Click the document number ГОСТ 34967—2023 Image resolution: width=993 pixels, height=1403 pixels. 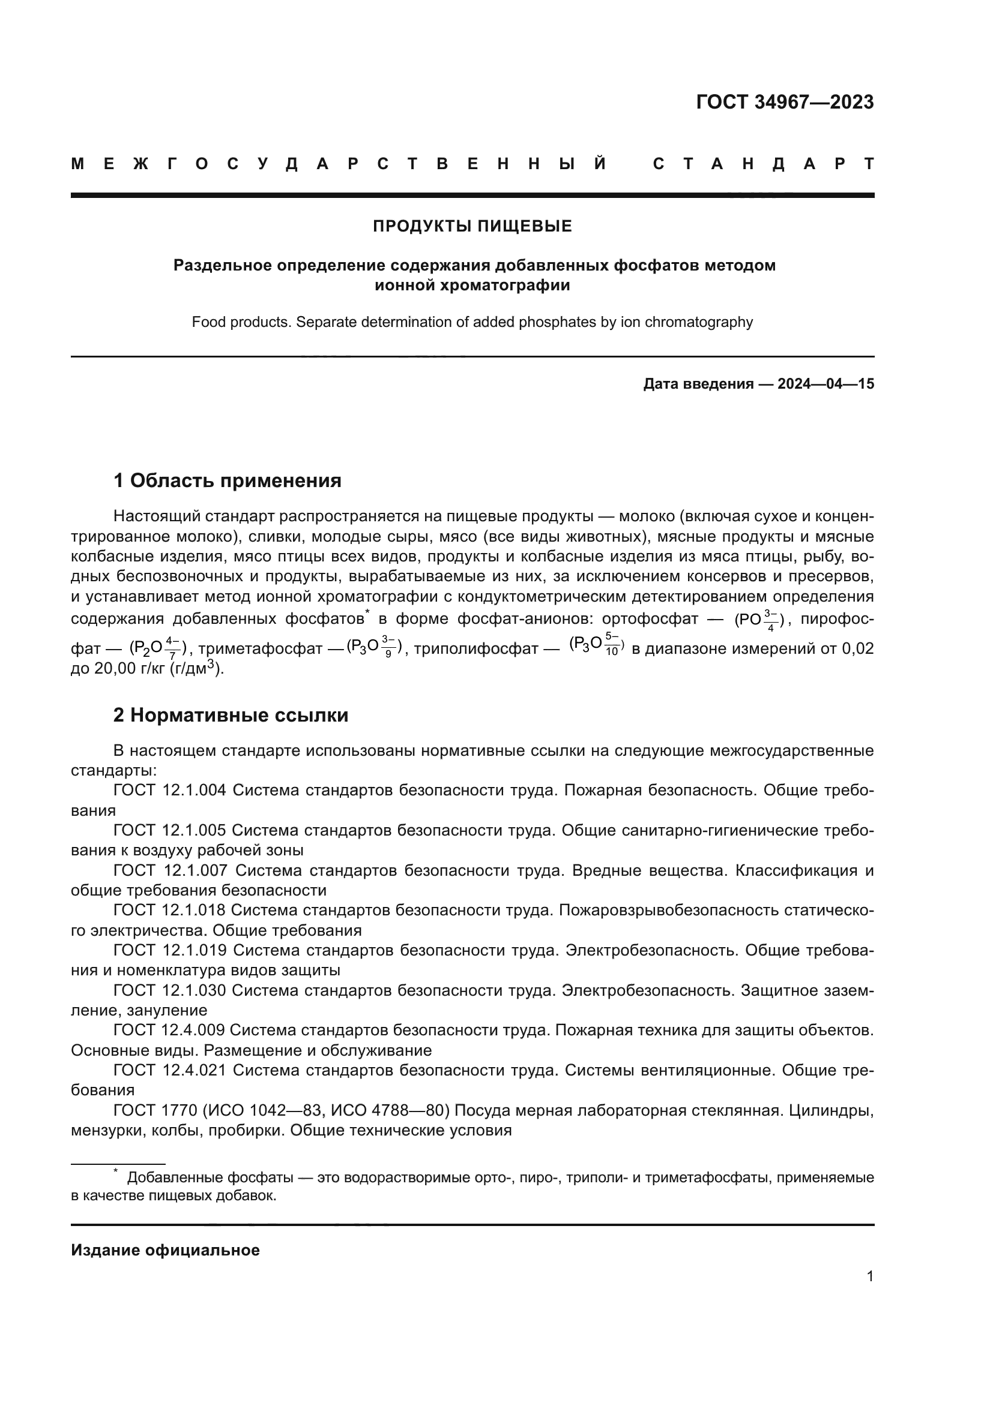click(x=785, y=102)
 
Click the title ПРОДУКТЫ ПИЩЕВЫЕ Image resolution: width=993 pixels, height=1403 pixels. click(x=472, y=226)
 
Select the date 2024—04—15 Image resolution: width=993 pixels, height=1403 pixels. click(x=825, y=384)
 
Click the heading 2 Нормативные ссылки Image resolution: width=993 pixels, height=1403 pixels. click(x=231, y=715)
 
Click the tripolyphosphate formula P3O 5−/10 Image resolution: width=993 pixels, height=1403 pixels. click(x=596, y=645)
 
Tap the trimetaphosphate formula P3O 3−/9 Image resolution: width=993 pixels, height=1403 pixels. click(x=373, y=647)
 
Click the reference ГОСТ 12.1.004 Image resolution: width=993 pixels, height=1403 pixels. click(x=169, y=791)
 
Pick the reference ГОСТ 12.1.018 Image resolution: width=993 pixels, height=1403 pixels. click(x=169, y=911)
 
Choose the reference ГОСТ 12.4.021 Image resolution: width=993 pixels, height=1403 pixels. click(x=169, y=1070)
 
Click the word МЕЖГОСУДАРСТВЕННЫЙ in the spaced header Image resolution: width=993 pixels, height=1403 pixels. click(x=339, y=164)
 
